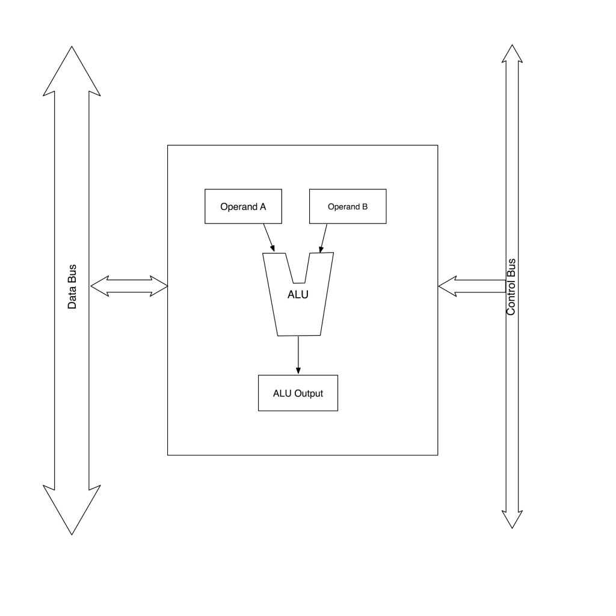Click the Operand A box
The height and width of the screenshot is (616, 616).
tap(243, 206)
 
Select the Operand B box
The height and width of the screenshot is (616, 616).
tap(348, 206)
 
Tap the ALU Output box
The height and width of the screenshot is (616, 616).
tap(298, 393)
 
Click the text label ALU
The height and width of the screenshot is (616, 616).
tap(298, 294)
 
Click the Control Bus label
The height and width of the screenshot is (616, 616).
tap(511, 287)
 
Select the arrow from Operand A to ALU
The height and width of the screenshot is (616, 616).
tap(269, 238)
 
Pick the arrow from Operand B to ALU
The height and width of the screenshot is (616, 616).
tap(323, 238)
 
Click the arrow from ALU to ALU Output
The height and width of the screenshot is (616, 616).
tap(298, 355)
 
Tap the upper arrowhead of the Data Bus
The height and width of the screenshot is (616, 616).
tap(72, 72)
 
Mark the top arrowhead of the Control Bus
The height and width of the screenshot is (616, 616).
tap(512, 54)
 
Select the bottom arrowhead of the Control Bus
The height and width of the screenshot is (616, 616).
tap(512, 519)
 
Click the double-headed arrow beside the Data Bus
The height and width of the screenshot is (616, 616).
tap(129, 286)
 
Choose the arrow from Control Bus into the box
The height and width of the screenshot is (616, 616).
tap(472, 286)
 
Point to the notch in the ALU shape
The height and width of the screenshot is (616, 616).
tap(300, 269)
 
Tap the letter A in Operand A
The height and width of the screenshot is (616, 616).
tap(262, 207)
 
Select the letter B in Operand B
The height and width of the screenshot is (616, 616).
tap(365, 207)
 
